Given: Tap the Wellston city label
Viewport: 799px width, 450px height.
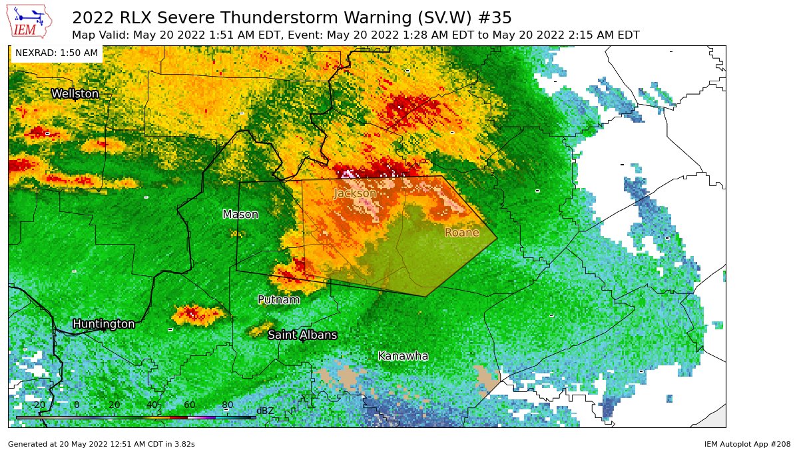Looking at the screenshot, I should (x=75, y=94).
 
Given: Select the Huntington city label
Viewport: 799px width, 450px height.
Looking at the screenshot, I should (x=103, y=324).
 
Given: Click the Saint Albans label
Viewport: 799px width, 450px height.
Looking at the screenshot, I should (x=302, y=335).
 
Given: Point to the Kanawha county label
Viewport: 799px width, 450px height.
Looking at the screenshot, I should (x=402, y=356).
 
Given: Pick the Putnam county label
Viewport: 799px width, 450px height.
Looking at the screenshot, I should (x=278, y=300).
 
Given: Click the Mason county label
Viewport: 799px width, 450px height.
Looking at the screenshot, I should (x=240, y=214).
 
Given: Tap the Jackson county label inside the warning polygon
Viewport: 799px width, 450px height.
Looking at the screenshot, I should (x=354, y=193).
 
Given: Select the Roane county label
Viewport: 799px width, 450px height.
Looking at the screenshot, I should (x=461, y=233).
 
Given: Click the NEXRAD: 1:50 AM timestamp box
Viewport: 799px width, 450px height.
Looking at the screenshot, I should (x=56, y=53).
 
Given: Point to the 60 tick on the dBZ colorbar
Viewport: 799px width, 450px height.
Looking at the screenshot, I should (x=190, y=405).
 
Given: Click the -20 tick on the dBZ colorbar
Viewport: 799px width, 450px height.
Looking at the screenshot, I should (x=39, y=405).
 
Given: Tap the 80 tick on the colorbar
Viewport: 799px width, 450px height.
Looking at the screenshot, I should (x=227, y=405).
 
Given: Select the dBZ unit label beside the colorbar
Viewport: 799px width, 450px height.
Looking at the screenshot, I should (x=264, y=411).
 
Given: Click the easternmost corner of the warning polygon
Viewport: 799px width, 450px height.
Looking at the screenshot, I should (x=497, y=238).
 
